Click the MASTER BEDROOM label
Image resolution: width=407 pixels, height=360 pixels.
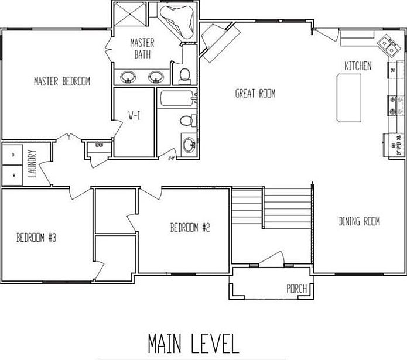click(61, 81)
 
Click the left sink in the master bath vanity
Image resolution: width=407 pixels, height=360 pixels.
click(128, 76)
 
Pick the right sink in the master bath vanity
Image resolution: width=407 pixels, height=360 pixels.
click(156, 76)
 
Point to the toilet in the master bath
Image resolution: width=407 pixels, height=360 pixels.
click(184, 74)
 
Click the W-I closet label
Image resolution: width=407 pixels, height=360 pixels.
click(134, 116)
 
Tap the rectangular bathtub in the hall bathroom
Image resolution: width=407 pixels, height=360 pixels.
click(176, 98)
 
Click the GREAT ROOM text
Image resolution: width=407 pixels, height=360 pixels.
click(255, 94)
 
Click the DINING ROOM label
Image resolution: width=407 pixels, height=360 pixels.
click(359, 221)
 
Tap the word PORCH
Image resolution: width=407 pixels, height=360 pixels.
click(297, 289)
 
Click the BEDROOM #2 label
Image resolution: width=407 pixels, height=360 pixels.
click(190, 228)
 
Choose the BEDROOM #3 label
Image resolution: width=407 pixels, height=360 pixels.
click(36, 238)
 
